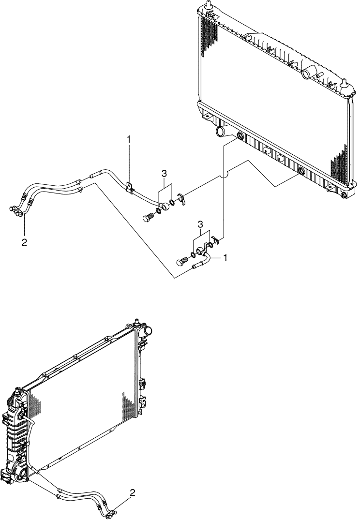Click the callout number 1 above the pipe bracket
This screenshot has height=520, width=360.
[x=129, y=139]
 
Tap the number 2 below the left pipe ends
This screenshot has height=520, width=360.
[x=24, y=242]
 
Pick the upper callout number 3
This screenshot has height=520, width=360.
[x=165, y=173]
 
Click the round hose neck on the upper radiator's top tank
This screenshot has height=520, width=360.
[x=307, y=74]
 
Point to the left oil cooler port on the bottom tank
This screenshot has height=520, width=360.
[x=240, y=137]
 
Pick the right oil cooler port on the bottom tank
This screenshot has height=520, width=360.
[x=301, y=170]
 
